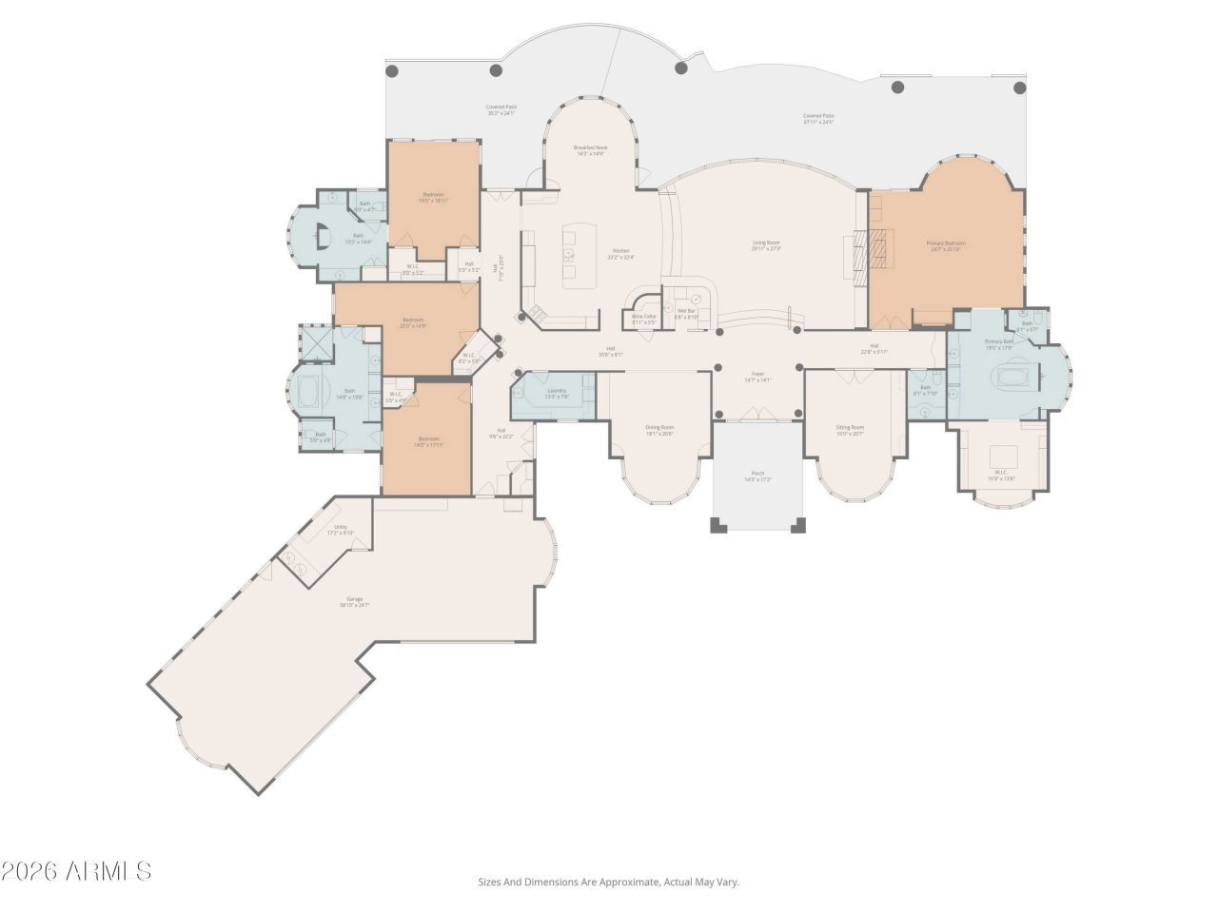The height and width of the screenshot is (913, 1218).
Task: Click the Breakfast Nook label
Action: (590, 148)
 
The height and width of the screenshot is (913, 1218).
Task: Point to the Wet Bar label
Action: (686, 312)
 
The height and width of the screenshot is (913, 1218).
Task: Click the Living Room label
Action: (766, 243)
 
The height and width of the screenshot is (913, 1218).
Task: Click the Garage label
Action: (354, 600)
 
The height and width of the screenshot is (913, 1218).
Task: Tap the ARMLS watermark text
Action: (76, 870)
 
